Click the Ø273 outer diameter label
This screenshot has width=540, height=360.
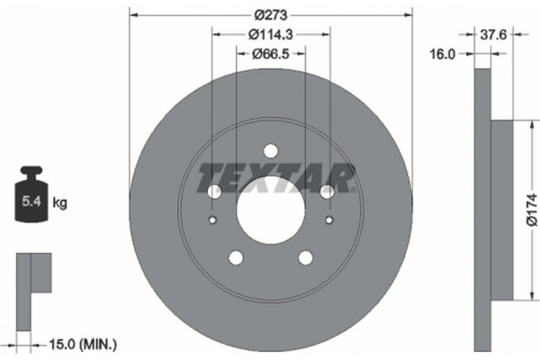pyautogui.click(x=270, y=14)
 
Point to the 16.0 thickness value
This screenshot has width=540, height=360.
pyautogui.click(x=443, y=54)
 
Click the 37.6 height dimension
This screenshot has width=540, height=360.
pyautogui.click(x=493, y=36)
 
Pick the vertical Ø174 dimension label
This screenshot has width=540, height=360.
pyautogui.click(x=531, y=211)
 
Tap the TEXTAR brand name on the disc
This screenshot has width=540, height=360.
pyautogui.click(x=270, y=172)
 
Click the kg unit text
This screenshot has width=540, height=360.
pyautogui.click(x=60, y=203)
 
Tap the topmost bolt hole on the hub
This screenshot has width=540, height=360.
pyautogui.click(x=271, y=151)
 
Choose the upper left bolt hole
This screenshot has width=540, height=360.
pyautogui.click(x=214, y=191)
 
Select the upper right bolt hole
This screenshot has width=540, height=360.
pyautogui.click(x=327, y=191)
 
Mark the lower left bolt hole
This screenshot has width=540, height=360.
pyautogui.click(x=236, y=258)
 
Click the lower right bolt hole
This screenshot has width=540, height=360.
pyautogui.click(x=306, y=258)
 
